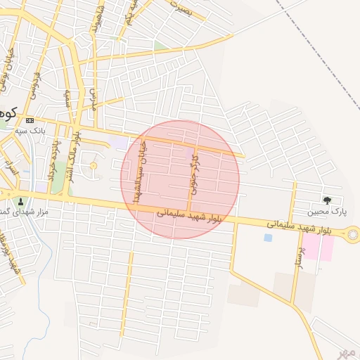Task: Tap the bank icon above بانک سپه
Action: point(30,121)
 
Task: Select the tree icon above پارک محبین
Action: point(327,200)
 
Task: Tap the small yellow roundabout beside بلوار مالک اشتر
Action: point(94,165)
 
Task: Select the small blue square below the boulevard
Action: point(268,238)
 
